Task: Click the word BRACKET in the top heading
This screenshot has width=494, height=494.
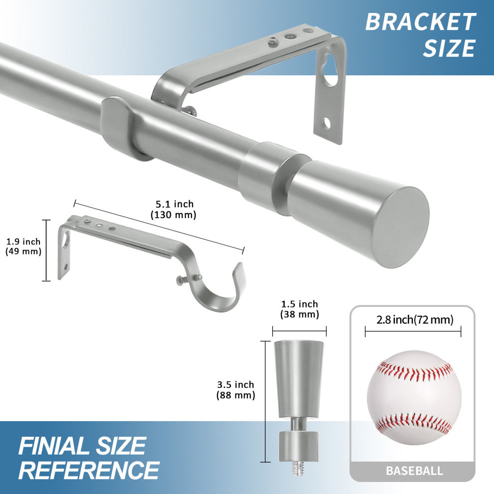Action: pos(420,22)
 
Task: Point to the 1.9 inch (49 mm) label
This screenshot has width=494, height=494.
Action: pos(23,247)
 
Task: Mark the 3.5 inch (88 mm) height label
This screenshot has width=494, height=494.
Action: pos(236,390)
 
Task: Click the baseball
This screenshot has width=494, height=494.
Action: pos(414,397)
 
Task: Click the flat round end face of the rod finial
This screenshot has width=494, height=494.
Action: pos(402,227)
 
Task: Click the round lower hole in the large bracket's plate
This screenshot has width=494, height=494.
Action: pos(326,122)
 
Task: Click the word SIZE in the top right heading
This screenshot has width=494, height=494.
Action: pos(449,48)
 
